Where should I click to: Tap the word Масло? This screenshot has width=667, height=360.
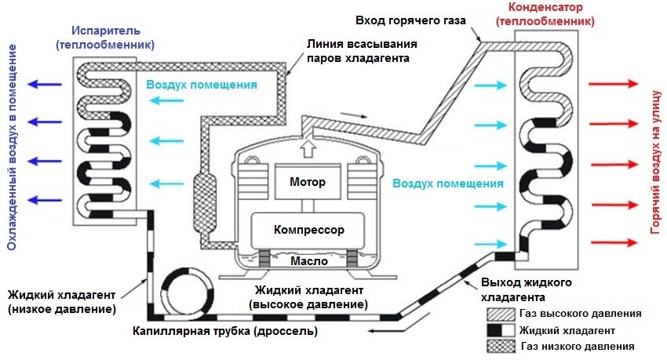click(298, 260)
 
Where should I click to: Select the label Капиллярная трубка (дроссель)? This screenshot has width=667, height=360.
click(225, 331)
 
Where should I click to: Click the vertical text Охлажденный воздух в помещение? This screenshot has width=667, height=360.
click(13, 147)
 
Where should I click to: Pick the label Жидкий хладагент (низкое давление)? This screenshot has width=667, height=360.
click(62, 302)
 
